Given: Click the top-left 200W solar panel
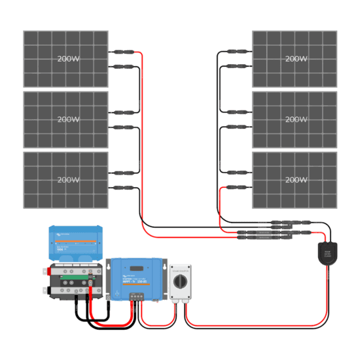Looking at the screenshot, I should click(65, 59).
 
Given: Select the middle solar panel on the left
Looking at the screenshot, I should click(65, 120).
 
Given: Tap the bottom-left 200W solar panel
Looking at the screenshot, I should click(65, 180).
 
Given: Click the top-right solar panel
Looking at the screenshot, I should click(295, 59).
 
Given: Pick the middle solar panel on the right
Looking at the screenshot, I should click(295, 120).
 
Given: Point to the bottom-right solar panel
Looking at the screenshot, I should click(295, 180).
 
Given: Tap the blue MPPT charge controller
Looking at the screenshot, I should click(135, 278).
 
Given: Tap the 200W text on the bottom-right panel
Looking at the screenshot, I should click(296, 180).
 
